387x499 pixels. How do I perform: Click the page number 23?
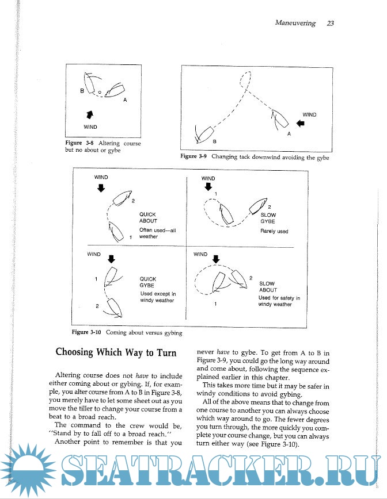click(330, 24)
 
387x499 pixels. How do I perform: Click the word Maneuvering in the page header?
click(295, 24)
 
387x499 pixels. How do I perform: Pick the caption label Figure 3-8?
click(81, 143)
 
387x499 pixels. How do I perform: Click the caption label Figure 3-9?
click(194, 156)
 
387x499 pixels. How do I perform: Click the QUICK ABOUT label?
click(148, 217)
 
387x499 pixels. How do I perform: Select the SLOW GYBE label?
click(268, 218)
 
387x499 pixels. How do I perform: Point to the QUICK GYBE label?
click(148, 282)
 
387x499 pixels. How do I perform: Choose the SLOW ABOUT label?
click(268, 286)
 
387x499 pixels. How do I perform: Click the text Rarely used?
click(274, 232)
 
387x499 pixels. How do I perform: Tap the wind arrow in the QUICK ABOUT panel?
click(101, 188)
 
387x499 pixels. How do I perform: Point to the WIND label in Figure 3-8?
click(90, 126)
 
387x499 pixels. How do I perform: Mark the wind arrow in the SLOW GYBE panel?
click(208, 187)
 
